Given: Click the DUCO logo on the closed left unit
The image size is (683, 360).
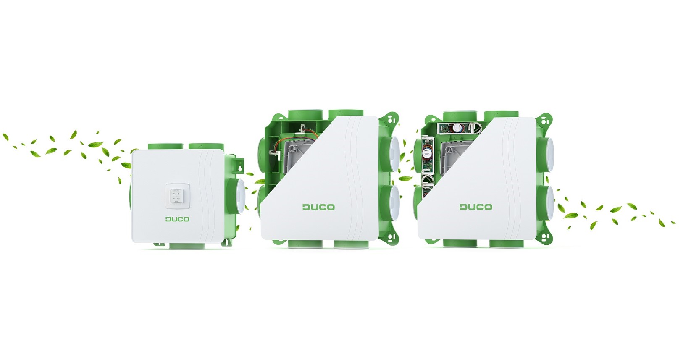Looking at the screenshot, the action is [177, 219].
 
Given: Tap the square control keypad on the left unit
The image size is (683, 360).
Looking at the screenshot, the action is [178, 196].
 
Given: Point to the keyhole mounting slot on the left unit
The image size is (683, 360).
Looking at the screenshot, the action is [239, 167].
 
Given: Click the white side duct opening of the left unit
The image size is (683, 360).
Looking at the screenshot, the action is [241, 197].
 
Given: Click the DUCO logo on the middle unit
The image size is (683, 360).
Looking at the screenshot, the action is [319, 207].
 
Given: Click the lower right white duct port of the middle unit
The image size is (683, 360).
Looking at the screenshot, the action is [394, 201].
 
